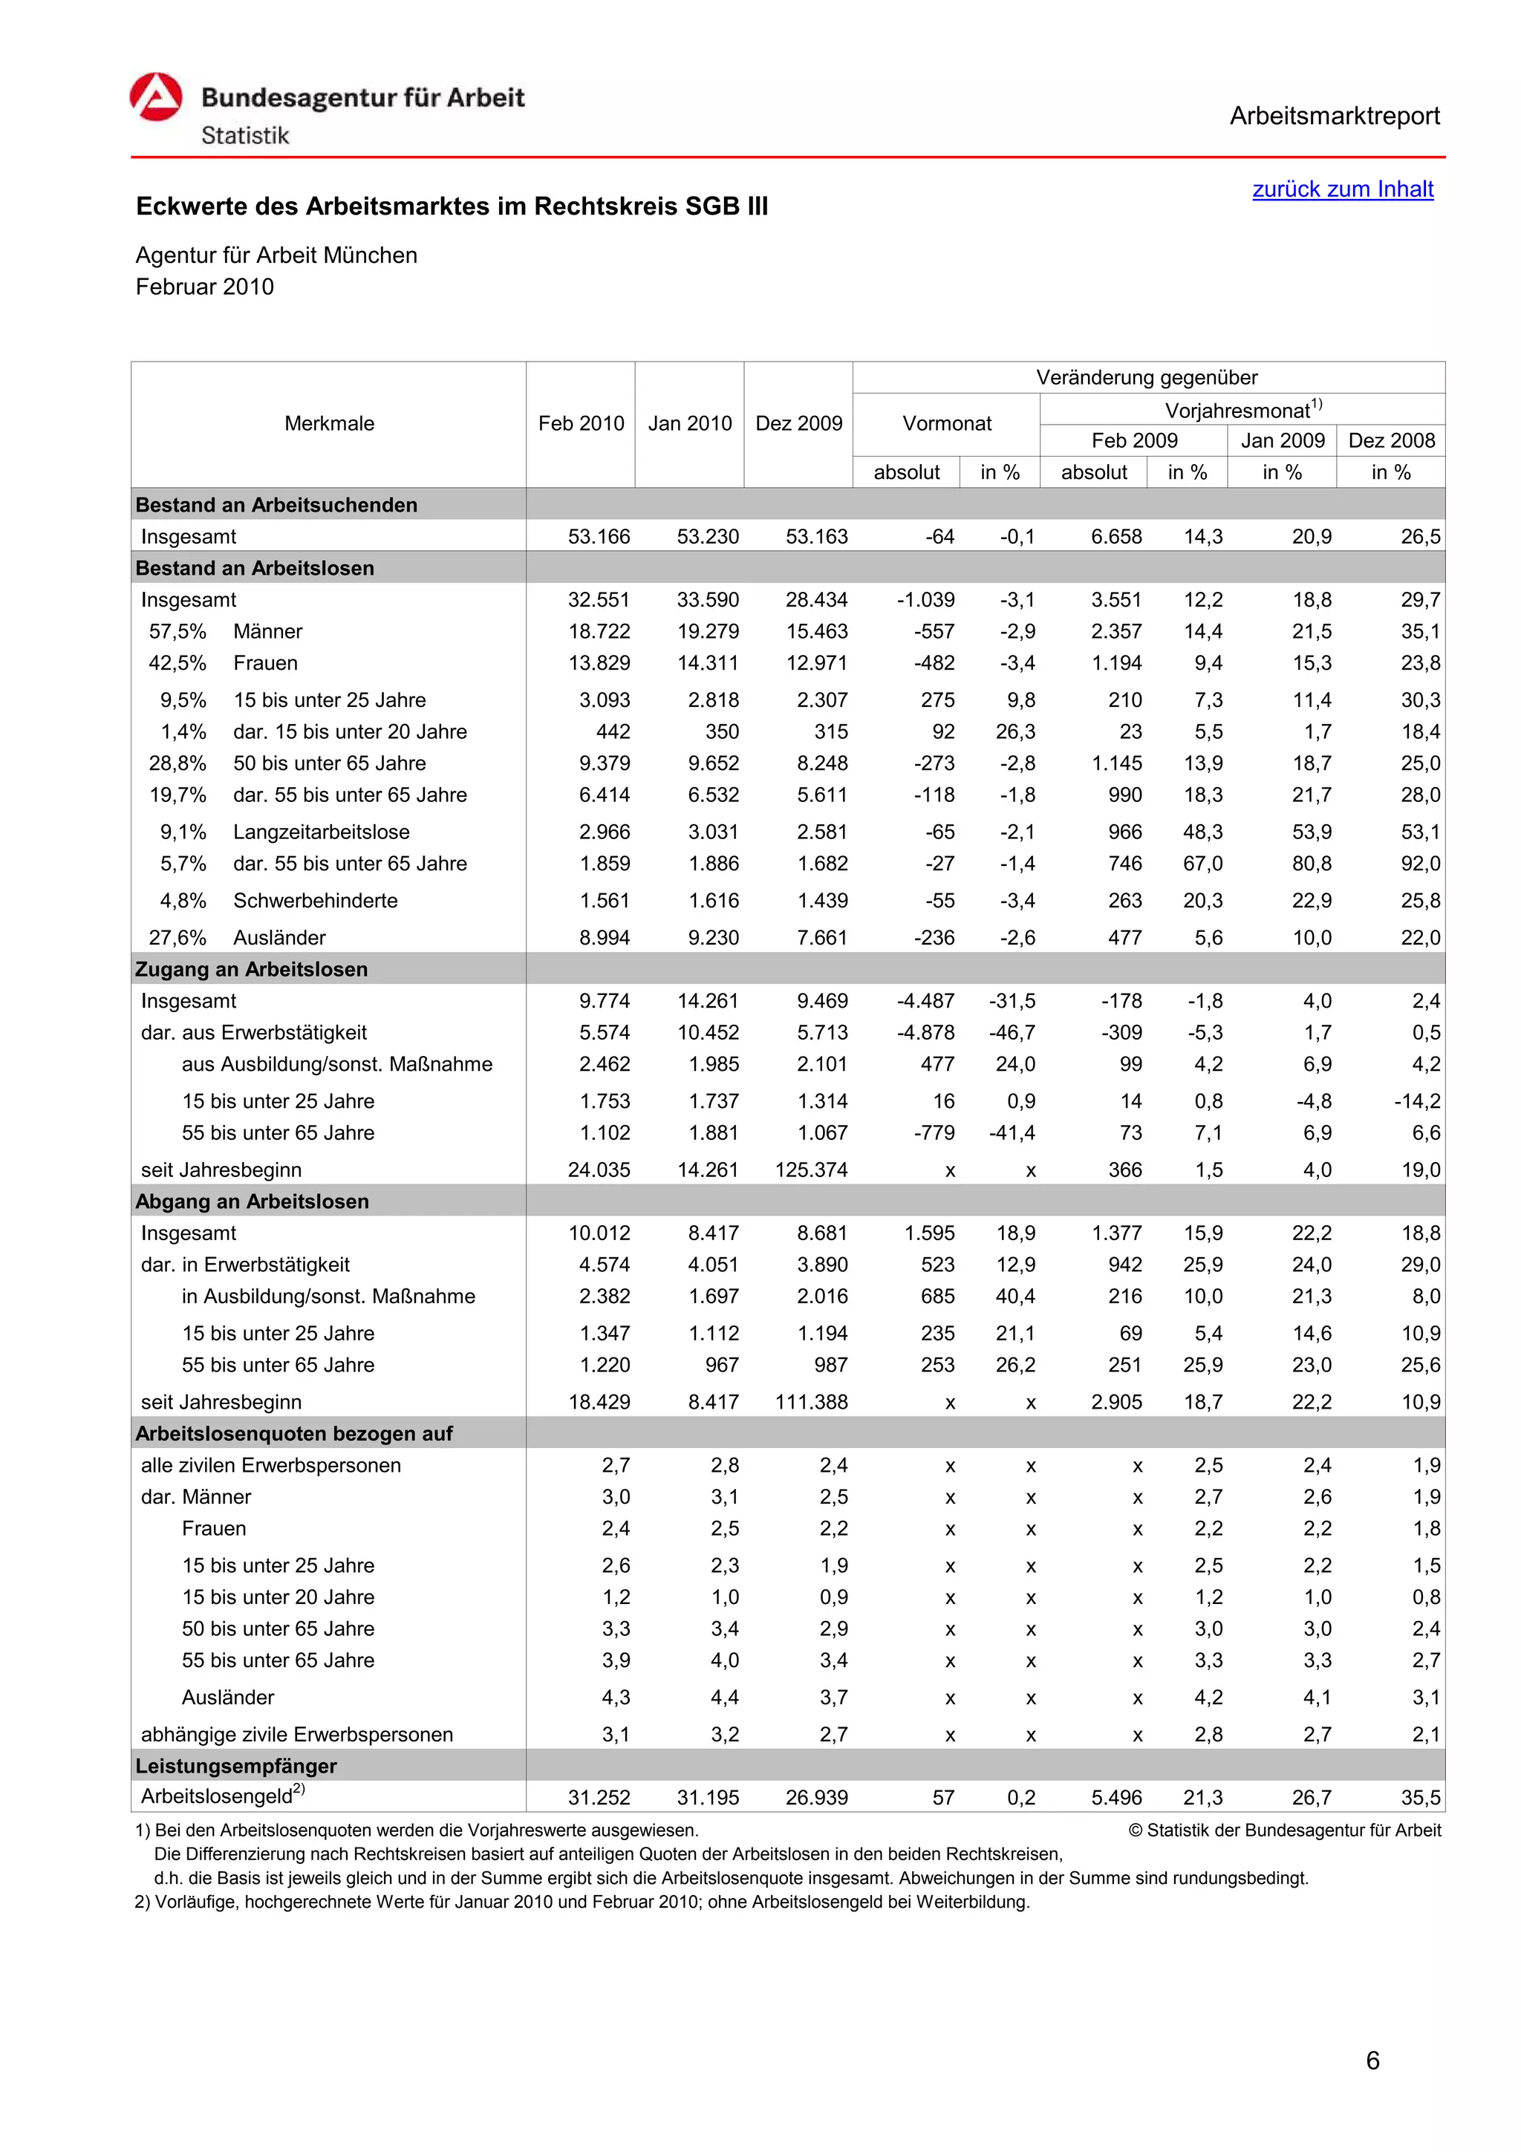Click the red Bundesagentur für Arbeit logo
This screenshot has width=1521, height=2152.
(x=155, y=97)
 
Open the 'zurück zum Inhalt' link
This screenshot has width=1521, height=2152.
(x=1342, y=189)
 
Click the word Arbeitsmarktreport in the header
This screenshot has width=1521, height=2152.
(x=1334, y=117)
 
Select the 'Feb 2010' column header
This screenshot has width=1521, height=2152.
(x=580, y=424)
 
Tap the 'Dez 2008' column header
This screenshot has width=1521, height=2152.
(x=1391, y=440)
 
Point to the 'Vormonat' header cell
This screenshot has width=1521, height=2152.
(x=945, y=424)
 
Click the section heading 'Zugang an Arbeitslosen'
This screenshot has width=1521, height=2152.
(x=251, y=969)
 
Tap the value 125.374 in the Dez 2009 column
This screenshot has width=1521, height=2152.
(x=811, y=1170)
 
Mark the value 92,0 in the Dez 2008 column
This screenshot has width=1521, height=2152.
(x=1420, y=863)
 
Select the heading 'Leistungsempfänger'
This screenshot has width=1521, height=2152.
(x=235, y=1766)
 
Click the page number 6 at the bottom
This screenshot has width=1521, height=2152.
(x=1372, y=2060)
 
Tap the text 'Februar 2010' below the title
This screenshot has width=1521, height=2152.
(x=204, y=287)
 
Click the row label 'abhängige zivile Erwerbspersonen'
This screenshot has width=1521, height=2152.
(x=296, y=1734)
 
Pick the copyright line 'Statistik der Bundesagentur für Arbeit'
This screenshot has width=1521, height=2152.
(x=1292, y=1830)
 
